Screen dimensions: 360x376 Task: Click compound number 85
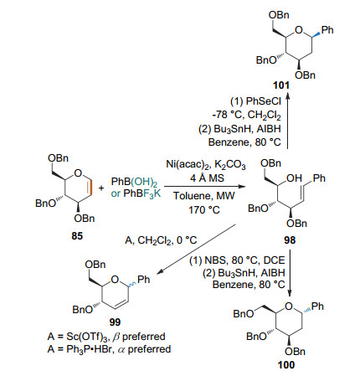tap(77, 236)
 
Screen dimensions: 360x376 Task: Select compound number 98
tap(290, 240)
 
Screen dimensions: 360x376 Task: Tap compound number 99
tap(115, 322)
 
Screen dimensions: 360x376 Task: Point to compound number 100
tap(286, 365)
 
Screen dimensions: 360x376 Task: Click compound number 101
tap(281, 85)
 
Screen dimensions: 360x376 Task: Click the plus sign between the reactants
tap(101, 188)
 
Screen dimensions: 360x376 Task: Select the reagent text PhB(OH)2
tap(134, 183)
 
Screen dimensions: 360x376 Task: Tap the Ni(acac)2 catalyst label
tap(187, 164)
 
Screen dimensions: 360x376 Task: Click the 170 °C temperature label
tap(204, 209)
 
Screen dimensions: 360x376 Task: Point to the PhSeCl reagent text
tap(263, 101)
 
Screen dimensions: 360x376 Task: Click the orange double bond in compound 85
tap(90, 186)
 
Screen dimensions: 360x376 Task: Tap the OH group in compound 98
tap(294, 178)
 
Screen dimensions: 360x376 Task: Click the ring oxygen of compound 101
tap(299, 30)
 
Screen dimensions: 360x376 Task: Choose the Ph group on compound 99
tap(144, 279)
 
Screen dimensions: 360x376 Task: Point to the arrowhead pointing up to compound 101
tap(288, 96)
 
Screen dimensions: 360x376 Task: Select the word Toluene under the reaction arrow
tap(189, 196)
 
